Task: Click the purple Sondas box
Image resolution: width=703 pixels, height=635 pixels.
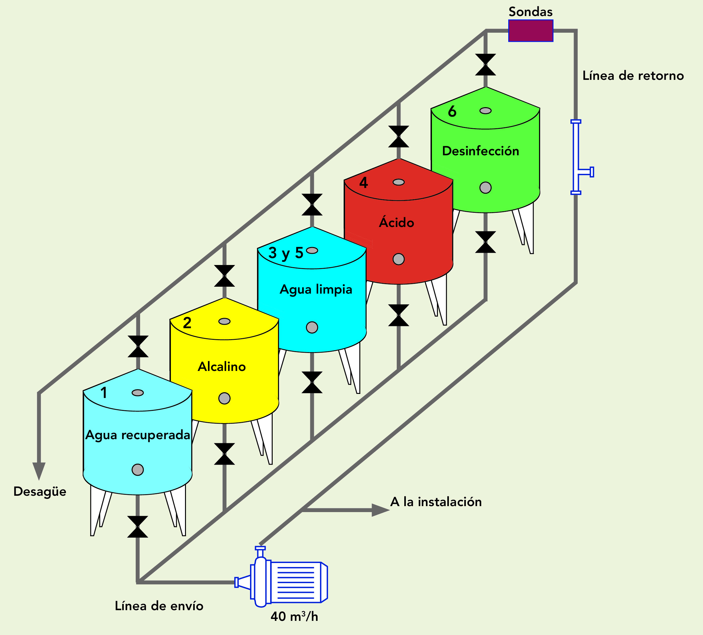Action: coord(530,31)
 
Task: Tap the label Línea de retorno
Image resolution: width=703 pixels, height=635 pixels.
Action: coord(633,76)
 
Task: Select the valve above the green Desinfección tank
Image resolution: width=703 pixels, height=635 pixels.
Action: coord(485,64)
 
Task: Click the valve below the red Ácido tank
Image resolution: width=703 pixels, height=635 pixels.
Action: coord(399,315)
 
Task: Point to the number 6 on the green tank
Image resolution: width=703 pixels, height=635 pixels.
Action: coord(452,112)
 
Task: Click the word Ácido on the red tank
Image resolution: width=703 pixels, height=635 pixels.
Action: coord(396,222)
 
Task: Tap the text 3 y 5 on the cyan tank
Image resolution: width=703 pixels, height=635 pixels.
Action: coord(286,253)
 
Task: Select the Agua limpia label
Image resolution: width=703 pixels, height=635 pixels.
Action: coord(316,290)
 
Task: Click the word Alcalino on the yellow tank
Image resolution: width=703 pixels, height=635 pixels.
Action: coord(222,367)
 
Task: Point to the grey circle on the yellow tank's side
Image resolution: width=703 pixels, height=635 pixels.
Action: coord(224,398)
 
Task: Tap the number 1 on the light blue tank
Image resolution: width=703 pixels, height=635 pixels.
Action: coord(104,393)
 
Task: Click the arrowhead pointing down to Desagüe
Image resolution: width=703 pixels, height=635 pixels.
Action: coord(39,471)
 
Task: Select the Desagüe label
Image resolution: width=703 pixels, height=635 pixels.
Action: coord(40,492)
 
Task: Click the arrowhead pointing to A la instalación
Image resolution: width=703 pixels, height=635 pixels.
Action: coord(380,510)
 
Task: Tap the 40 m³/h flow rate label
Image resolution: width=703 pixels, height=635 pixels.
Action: coord(294,616)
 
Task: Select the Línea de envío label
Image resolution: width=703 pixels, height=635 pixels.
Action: coord(159,606)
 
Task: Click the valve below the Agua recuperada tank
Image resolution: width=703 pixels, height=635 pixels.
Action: coord(138,527)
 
